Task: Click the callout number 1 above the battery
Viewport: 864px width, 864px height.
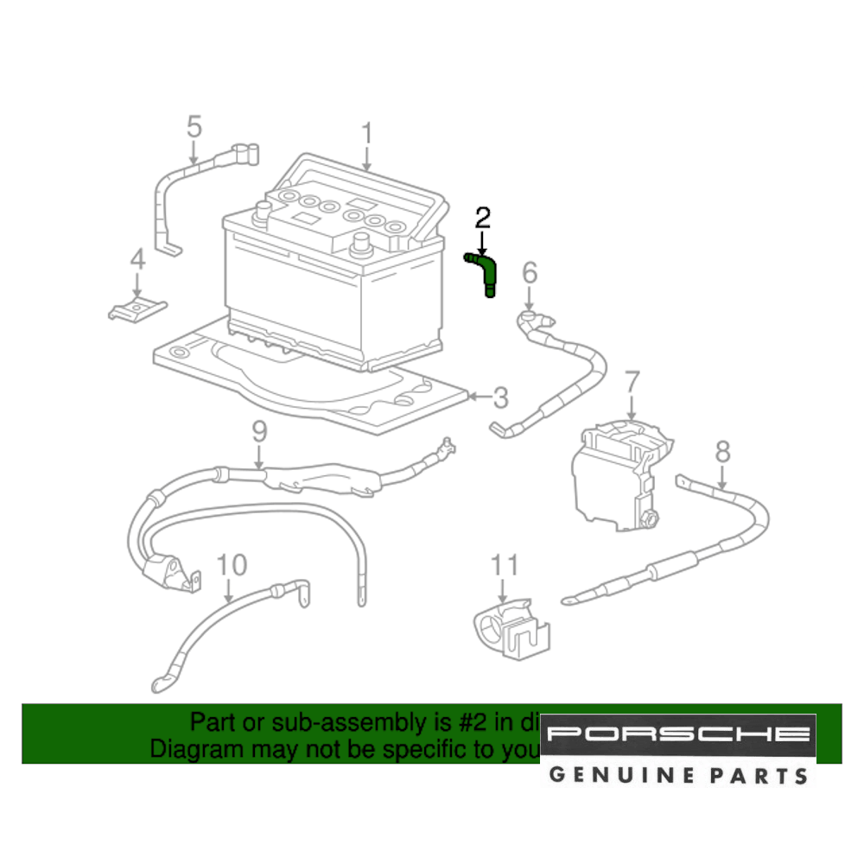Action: pos(366,135)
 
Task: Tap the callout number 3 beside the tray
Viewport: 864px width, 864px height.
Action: pos(500,398)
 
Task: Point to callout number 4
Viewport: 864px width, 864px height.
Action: pos(137,258)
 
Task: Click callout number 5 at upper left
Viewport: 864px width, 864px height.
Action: pos(194,127)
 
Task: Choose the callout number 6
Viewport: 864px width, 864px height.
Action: pos(530,274)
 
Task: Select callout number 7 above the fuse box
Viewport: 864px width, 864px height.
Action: pos(632,381)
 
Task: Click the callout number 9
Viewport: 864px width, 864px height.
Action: pos(259,431)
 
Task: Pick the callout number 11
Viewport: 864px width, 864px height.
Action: pos(505,566)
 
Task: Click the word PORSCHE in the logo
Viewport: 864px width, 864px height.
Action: pos(678,735)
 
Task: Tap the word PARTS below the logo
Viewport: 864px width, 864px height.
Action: pos(758,774)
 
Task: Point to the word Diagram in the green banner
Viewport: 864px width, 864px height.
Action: pos(196,748)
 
